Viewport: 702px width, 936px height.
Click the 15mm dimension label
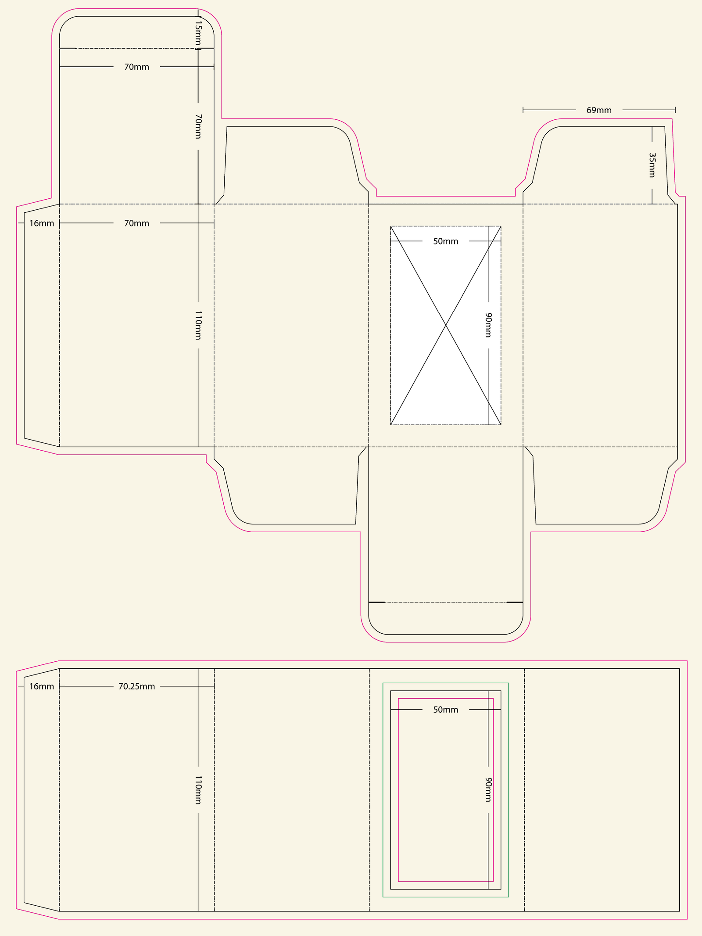198,33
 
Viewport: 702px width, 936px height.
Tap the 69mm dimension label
599,110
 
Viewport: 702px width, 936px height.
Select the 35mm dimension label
652,165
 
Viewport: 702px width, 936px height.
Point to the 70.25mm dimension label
136,686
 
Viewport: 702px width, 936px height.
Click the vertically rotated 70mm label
198,126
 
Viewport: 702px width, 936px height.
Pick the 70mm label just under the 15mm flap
136,67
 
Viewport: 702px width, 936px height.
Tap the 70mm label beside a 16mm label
136,223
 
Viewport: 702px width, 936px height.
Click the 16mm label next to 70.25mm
42,686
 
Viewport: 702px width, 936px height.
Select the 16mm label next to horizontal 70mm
42,223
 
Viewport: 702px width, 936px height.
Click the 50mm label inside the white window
446,241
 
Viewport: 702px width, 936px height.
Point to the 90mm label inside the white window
488,325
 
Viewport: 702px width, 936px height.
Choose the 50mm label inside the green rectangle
446,710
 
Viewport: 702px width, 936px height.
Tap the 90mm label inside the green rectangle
488,789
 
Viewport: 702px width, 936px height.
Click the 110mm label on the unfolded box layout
198,325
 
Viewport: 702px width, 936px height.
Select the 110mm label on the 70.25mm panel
198,789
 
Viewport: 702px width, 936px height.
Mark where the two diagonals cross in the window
446,325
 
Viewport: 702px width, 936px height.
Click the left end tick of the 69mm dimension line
523,110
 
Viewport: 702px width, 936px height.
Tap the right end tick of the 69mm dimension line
675,110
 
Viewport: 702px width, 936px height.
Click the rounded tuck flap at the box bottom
446,618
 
